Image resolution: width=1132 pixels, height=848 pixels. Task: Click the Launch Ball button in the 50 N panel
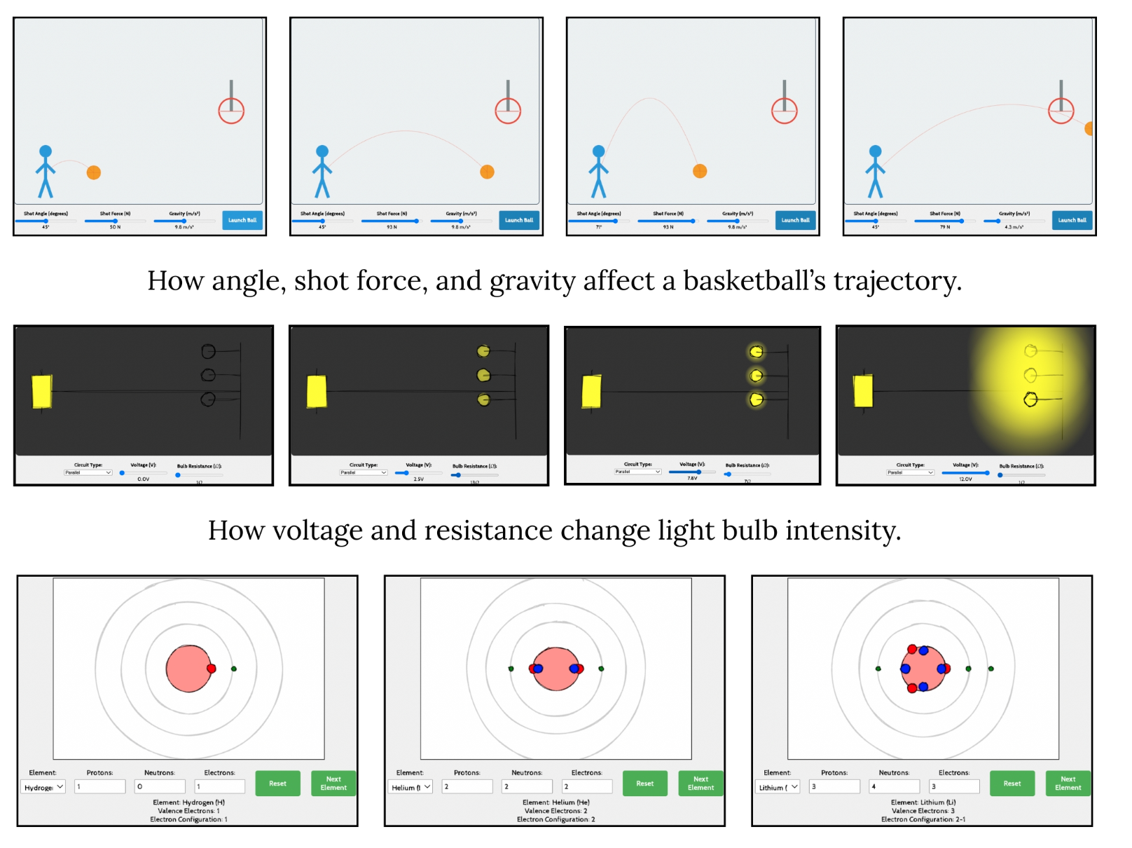242,220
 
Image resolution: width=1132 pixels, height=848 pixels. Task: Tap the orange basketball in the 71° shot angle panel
699,171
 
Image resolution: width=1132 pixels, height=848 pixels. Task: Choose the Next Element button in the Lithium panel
1068,784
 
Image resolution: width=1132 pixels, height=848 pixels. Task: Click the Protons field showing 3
834,787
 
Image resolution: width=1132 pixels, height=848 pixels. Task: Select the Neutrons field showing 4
894,787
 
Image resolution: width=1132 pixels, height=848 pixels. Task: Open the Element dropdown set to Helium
411,787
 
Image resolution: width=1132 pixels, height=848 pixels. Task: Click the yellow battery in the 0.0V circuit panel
42,392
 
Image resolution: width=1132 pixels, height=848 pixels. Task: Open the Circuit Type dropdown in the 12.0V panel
911,472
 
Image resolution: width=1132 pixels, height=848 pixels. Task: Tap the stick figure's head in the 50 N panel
46,151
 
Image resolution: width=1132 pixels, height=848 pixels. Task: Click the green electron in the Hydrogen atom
234,669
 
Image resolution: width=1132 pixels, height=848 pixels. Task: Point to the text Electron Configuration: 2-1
923,819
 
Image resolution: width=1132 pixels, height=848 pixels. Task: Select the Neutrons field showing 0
160,787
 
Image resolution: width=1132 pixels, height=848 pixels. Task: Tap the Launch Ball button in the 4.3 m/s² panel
1072,220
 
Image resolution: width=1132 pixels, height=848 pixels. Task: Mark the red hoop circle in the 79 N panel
1061,111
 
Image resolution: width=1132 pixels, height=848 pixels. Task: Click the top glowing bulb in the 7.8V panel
756,351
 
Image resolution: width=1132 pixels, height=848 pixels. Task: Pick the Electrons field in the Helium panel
586,787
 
